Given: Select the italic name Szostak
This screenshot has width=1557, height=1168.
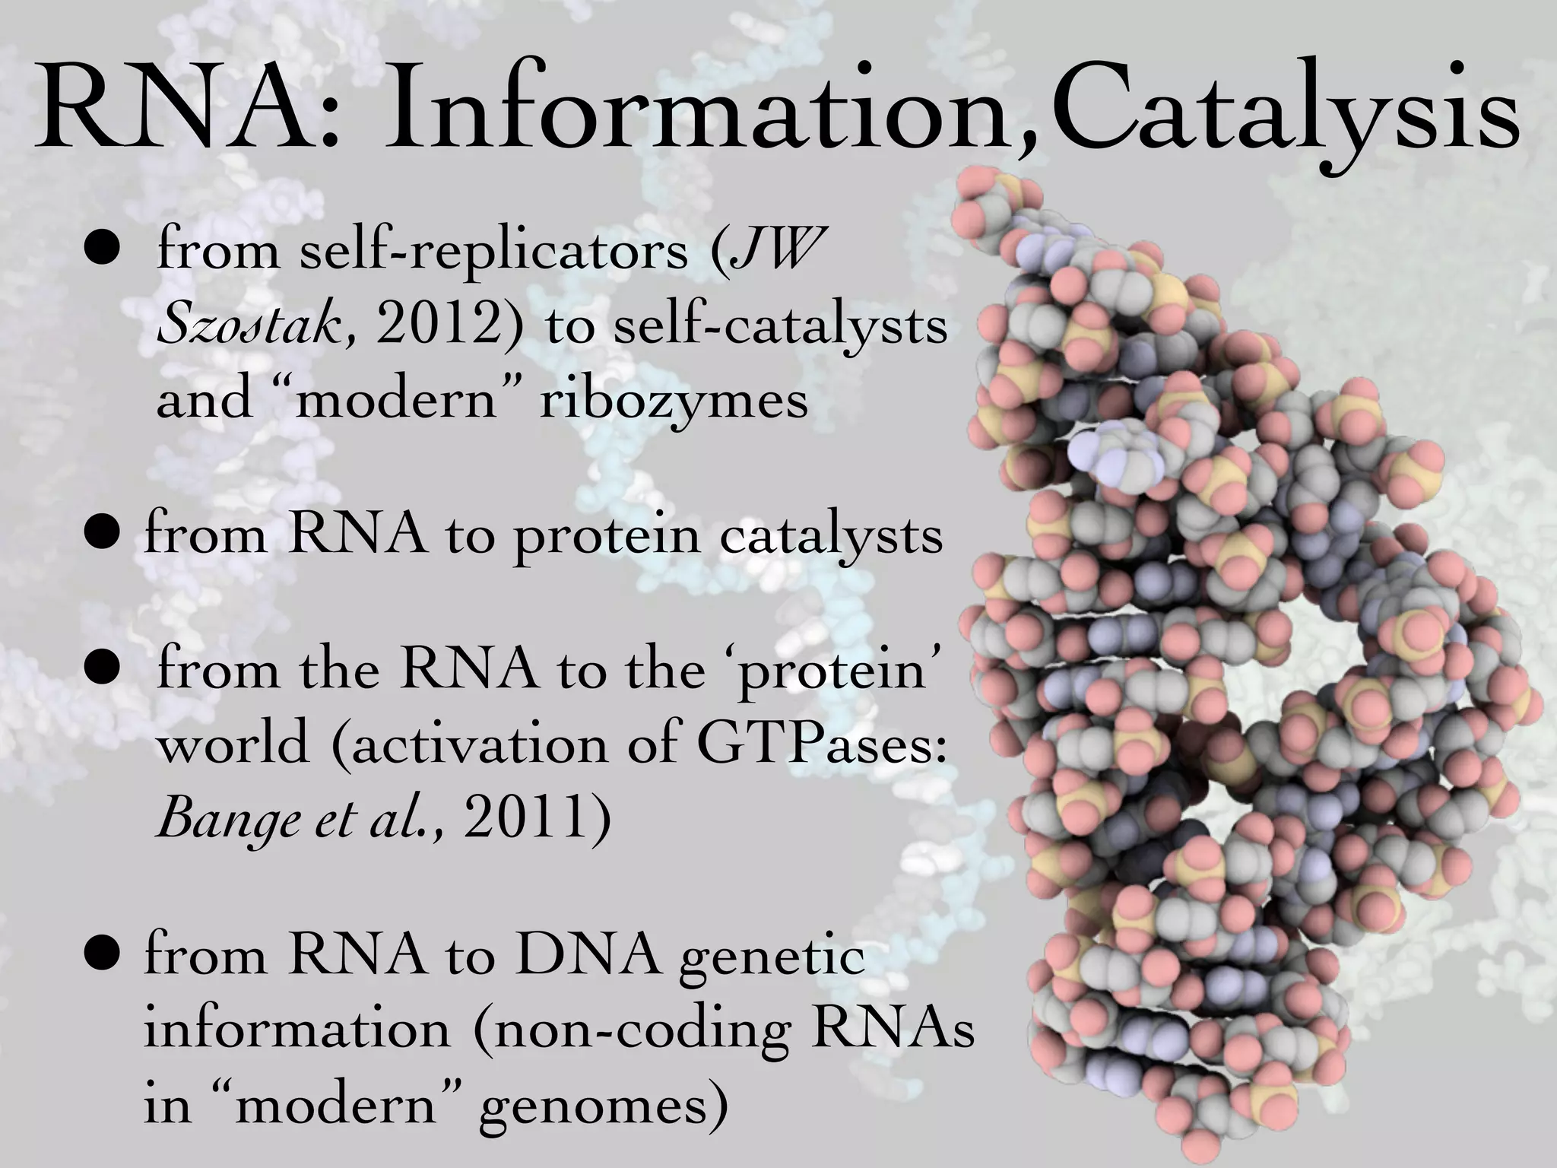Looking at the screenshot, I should (250, 328).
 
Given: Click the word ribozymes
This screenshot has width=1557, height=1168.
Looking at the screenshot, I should (673, 400).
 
